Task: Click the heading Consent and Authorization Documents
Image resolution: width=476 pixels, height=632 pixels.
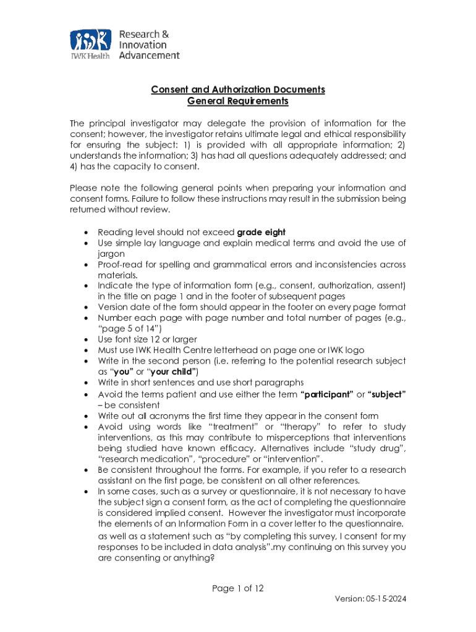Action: [x=238, y=89]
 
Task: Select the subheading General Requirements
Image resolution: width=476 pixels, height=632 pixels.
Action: [x=238, y=101]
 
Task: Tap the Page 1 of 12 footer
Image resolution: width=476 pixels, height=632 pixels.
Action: [x=238, y=588]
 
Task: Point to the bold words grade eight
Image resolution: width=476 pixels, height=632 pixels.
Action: [x=261, y=232]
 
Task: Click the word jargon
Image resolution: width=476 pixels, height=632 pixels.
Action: [x=111, y=254]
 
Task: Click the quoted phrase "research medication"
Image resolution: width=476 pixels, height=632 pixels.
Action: [x=143, y=459]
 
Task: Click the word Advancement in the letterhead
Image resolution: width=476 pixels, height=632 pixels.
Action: [x=149, y=56]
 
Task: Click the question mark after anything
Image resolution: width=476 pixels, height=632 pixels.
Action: [x=213, y=557]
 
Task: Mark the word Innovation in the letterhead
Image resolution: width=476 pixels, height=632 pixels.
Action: [x=143, y=44]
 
